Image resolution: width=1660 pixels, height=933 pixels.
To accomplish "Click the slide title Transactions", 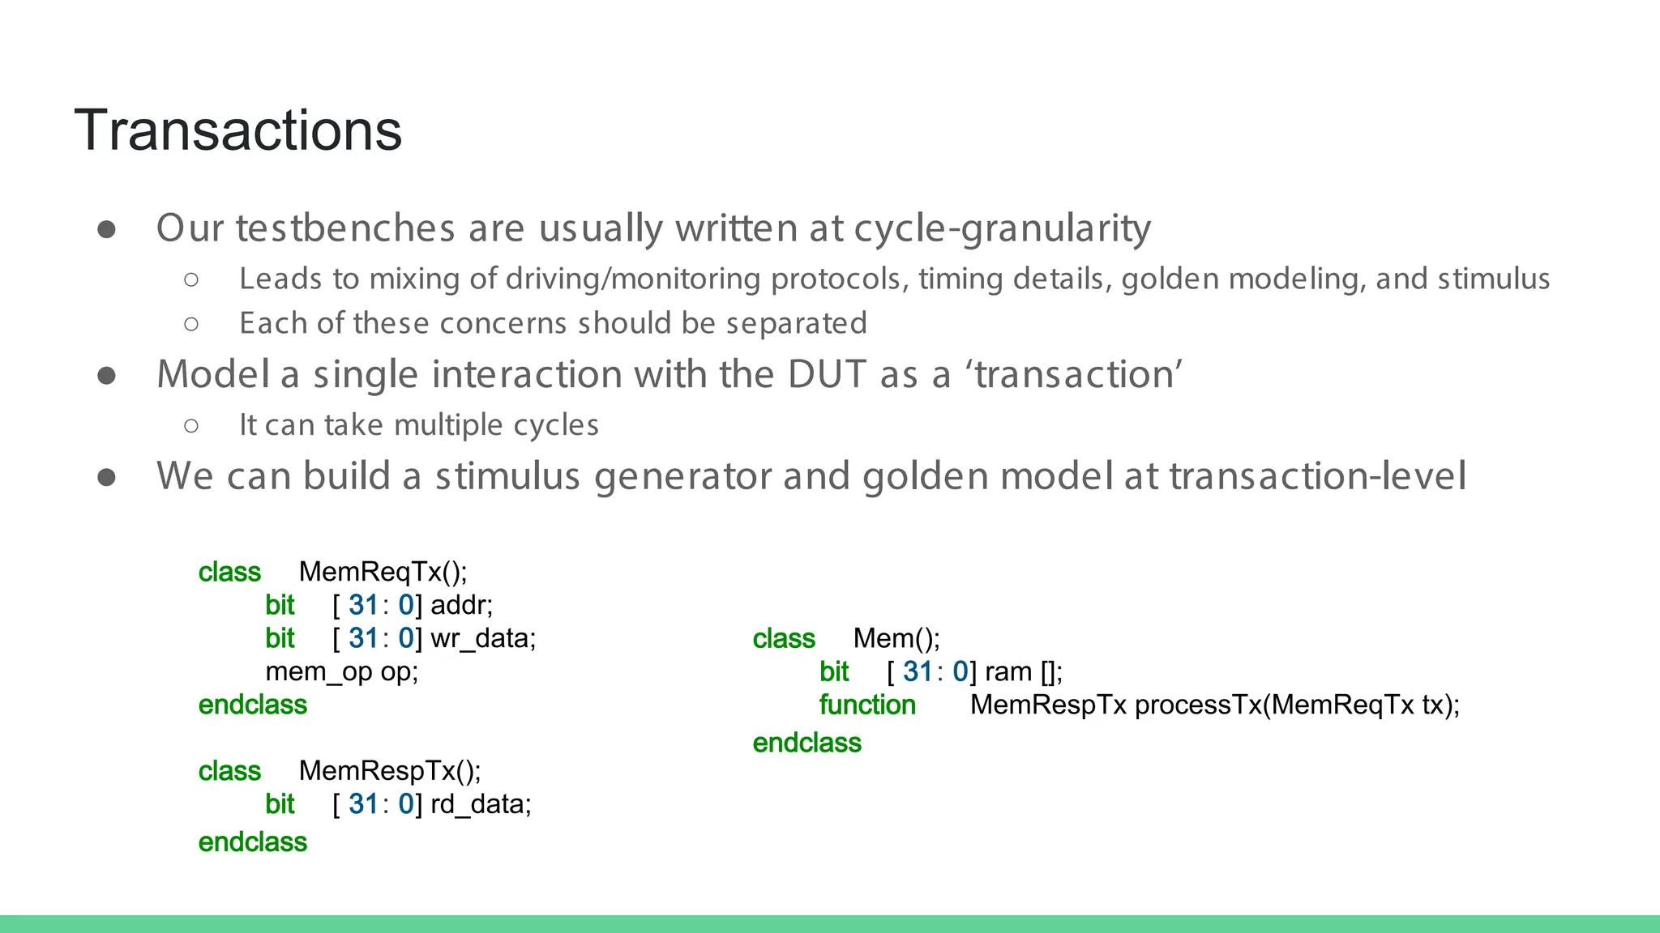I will (x=237, y=130).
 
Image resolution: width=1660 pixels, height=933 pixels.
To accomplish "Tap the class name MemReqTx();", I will (x=383, y=572).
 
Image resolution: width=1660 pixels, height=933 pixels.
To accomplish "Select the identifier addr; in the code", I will (x=461, y=605).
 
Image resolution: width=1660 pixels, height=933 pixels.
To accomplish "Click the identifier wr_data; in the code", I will (x=483, y=638).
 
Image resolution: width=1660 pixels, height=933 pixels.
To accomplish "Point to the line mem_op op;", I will (x=341, y=671).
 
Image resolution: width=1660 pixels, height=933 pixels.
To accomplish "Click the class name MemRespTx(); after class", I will (x=389, y=770).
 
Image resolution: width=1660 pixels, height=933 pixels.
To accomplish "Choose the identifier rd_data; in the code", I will (x=481, y=803).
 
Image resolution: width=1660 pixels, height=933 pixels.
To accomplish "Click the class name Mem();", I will (x=896, y=638).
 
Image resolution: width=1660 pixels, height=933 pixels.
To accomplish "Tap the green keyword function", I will (x=866, y=705).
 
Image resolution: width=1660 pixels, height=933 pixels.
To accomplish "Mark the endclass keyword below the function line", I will (x=806, y=743).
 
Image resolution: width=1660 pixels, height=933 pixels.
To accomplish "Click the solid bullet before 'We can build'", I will (x=106, y=477).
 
